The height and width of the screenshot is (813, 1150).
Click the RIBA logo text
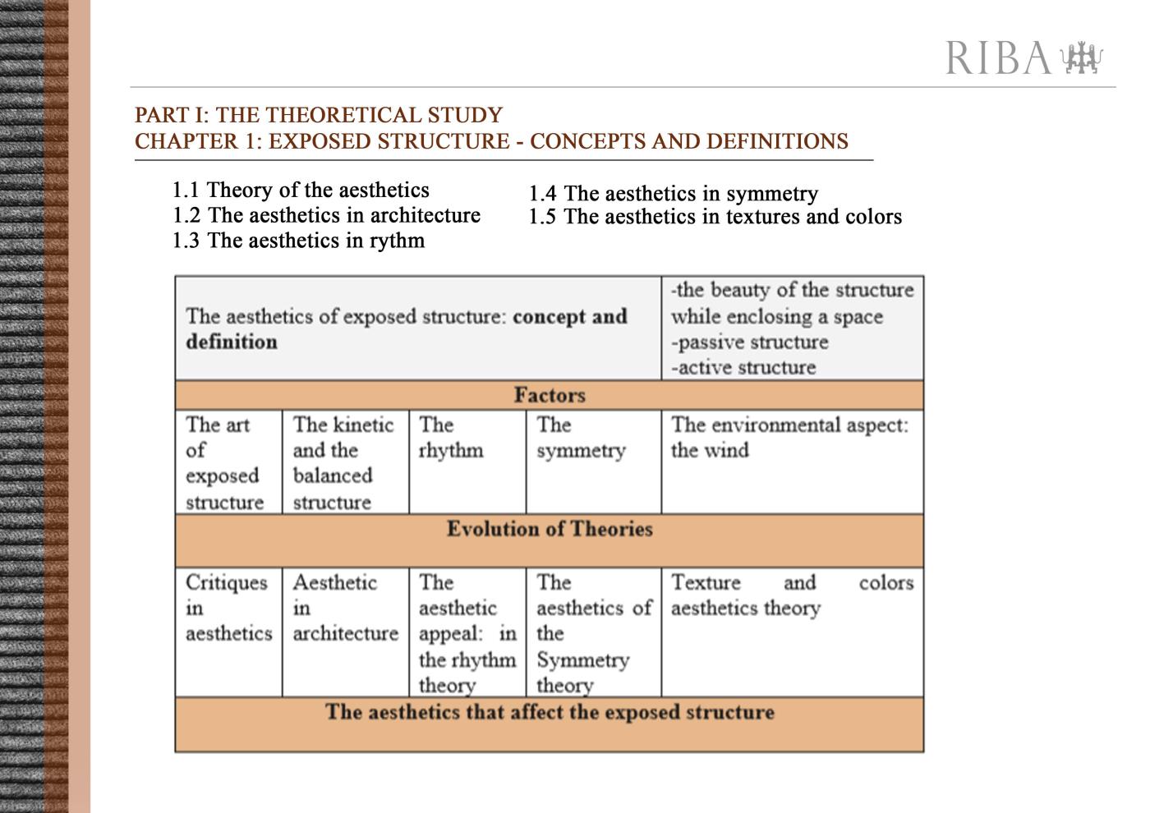click(x=997, y=58)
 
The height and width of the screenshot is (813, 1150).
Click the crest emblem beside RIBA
click(x=1082, y=58)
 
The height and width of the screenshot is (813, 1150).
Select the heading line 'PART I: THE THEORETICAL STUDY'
click(x=319, y=115)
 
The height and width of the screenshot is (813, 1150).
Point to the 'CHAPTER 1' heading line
click(x=491, y=141)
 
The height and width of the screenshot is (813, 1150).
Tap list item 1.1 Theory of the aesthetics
click(x=301, y=191)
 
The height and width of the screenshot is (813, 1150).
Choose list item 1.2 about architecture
click(x=326, y=215)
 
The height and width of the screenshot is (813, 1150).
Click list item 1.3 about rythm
click(x=298, y=241)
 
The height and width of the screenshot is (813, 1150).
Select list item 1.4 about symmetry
click(x=673, y=194)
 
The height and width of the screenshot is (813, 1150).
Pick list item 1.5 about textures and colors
click(x=715, y=217)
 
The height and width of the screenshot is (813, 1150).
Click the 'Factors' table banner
click(x=550, y=395)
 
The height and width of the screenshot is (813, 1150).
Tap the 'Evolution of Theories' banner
click(x=550, y=530)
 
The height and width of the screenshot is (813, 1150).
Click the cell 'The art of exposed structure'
click(x=223, y=463)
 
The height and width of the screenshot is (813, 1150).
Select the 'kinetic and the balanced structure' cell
click(x=343, y=463)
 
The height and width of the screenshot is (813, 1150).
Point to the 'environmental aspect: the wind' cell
click(x=789, y=438)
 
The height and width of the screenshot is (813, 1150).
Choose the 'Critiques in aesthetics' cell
click(x=228, y=608)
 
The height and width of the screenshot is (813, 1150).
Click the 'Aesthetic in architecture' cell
click(x=345, y=608)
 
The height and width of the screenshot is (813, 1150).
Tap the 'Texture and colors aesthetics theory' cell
click(x=792, y=595)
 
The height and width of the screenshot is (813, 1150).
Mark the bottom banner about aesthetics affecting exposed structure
click(x=550, y=712)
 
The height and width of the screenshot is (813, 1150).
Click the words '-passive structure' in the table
click(x=749, y=342)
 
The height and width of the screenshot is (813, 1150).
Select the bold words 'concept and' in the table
click(x=569, y=317)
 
